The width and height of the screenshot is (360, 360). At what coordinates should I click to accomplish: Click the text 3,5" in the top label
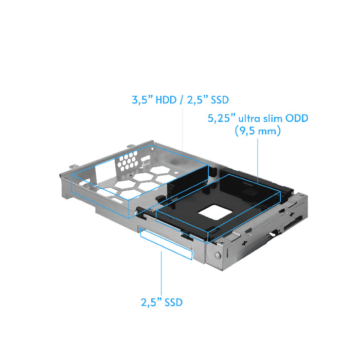142,100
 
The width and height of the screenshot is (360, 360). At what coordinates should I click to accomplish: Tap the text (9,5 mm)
257,132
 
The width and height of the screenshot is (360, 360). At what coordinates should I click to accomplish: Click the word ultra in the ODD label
248,119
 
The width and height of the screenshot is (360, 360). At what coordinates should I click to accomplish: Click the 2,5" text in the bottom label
151,302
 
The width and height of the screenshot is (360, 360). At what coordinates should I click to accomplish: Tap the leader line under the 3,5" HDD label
184,129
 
